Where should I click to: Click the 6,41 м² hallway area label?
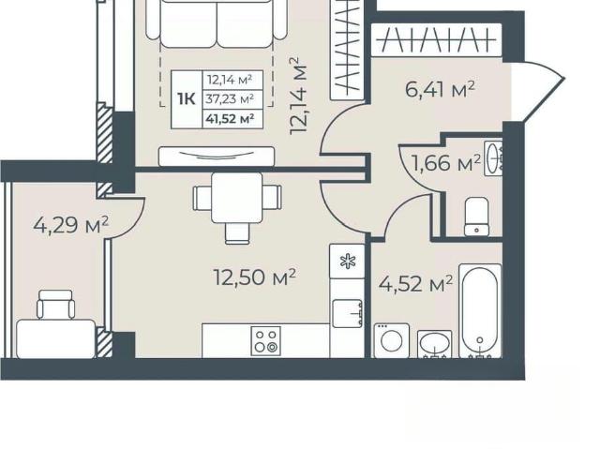coord(440,90)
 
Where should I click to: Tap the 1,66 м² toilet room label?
coord(445,163)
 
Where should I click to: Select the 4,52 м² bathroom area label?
coord(415,284)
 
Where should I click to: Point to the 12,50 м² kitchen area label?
coord(254,277)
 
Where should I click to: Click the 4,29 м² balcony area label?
coord(71,225)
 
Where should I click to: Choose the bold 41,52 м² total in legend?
coord(230,119)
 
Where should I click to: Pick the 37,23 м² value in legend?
coord(230,99)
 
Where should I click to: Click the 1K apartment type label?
coord(187,99)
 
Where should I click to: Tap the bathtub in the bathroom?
coord(480,311)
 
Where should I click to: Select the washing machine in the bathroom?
coord(392,341)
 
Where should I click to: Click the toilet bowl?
coord(476,217)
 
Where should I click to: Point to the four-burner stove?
coord(266,341)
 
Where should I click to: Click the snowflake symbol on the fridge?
coord(348,262)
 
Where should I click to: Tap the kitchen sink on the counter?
coord(348,314)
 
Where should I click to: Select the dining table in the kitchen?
coord(237,198)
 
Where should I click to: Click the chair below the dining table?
coord(237,233)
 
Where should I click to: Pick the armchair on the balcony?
coord(56,305)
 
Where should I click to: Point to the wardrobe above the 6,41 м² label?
coord(437,40)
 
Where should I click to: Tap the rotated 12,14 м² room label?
coord(298,96)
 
